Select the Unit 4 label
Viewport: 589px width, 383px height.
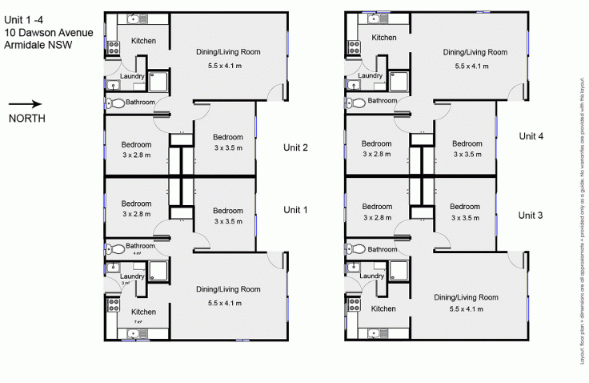coord(531,136)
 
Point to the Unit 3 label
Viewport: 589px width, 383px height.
coord(531,215)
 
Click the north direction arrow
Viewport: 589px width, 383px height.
coord(25,103)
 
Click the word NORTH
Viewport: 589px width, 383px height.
coord(26,118)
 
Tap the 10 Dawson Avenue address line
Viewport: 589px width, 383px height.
coord(48,32)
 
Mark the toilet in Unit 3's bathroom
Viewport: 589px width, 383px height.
coord(356,248)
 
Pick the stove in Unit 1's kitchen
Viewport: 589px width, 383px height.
coord(112,304)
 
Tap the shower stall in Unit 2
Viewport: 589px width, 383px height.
coord(158,81)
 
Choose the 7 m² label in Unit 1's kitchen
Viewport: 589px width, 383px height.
coord(138,322)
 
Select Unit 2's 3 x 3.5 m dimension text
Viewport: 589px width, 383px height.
coord(228,148)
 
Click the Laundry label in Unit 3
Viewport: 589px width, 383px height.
coord(372,276)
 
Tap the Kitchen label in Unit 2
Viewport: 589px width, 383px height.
coord(143,41)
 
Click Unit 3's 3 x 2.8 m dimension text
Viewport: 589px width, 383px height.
coord(377,216)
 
